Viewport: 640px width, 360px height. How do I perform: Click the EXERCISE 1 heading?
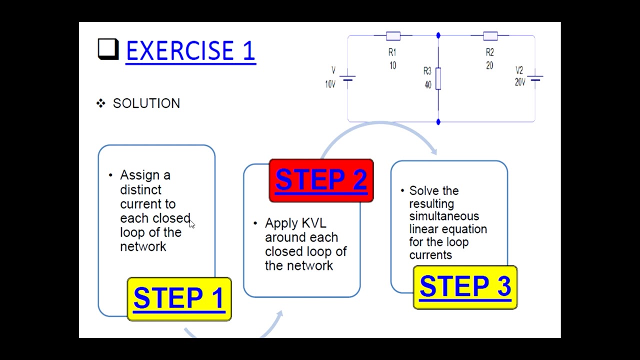pyautogui.click(x=190, y=51)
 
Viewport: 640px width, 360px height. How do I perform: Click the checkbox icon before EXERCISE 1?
pyautogui.click(x=107, y=49)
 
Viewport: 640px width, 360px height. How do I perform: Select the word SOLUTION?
pyautogui.click(x=146, y=103)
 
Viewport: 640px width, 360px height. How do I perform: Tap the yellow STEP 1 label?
pyautogui.click(x=179, y=298)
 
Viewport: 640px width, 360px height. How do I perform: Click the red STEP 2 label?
pyautogui.click(x=321, y=180)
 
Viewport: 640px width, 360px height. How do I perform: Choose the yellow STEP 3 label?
pyautogui.click(x=465, y=287)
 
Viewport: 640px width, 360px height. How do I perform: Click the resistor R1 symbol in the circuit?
pyautogui.click(x=393, y=35)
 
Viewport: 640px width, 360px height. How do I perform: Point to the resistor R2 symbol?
pyautogui.click(x=490, y=35)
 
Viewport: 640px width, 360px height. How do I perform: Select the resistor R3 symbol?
pyautogui.click(x=438, y=78)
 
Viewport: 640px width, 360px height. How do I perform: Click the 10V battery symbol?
pyautogui.click(x=347, y=78)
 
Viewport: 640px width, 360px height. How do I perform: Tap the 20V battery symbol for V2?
pyautogui.click(x=535, y=78)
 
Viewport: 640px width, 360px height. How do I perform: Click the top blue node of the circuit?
pyautogui.click(x=438, y=35)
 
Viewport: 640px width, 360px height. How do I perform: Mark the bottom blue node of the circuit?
pyautogui.click(x=438, y=121)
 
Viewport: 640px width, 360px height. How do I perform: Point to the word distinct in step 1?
pyautogui.click(x=140, y=190)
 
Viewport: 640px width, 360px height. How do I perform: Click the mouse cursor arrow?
pyautogui.click(x=192, y=224)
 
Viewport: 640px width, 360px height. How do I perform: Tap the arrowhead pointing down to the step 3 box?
pyautogui.click(x=433, y=151)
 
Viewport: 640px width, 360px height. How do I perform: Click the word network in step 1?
pyautogui.click(x=143, y=246)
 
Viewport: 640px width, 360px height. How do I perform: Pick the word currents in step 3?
pyautogui.click(x=430, y=255)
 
